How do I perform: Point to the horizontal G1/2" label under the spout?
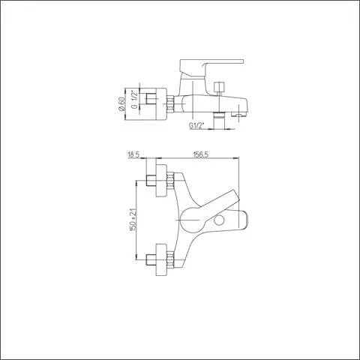coord(196,125)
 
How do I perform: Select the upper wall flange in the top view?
coord(159,181)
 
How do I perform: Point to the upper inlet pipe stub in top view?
coord(150,181)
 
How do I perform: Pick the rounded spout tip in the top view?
coord(238,220)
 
